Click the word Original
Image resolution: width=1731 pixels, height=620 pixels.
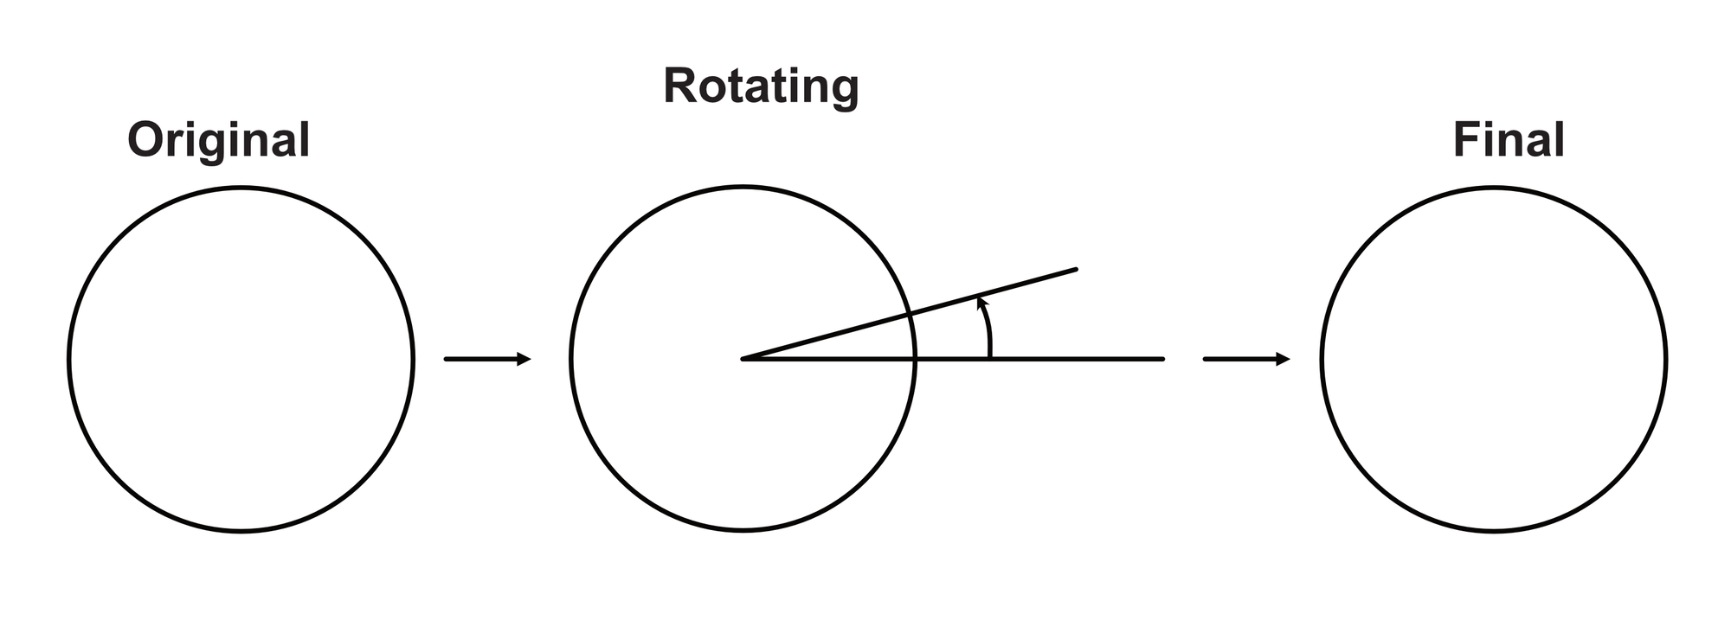coord(218,141)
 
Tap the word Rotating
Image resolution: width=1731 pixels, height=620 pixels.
coord(761,87)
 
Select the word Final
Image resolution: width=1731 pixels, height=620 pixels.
coord(1509,140)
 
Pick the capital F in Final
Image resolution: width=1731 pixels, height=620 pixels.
coord(1465,140)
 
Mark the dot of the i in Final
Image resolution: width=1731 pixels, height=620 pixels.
coord(1494,125)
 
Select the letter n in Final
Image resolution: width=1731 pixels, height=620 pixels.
coord(1515,144)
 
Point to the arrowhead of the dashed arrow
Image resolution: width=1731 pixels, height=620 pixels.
coord(1283,359)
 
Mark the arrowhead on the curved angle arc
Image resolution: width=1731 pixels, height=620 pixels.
coord(981,303)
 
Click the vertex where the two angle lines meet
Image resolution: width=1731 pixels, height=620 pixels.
coord(743,359)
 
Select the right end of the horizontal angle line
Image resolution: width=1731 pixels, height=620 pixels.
coord(1163,359)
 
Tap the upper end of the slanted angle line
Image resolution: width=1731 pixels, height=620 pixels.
coord(1076,270)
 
